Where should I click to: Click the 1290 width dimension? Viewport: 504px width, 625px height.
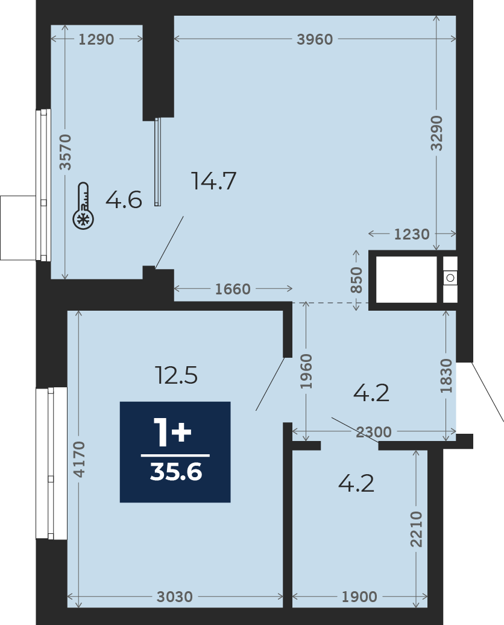pos(96,39)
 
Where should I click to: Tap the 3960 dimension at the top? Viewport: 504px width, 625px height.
pos(315,39)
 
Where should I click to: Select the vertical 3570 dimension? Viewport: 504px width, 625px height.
pos(66,152)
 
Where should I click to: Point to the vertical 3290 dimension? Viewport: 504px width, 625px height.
pos(436,133)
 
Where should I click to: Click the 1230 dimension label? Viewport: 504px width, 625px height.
pos(412,234)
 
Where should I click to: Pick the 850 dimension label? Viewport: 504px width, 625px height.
pos(356,280)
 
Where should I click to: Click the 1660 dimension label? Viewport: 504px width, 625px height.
pos(233,288)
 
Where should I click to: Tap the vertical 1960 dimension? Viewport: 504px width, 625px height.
pos(306,371)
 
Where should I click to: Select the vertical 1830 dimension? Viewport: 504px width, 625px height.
pos(446,376)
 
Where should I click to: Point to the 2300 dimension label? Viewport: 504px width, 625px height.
pos(374,432)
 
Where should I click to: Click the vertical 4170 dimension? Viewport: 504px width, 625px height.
pos(80,459)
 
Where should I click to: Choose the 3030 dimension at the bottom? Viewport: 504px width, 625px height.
pos(174,597)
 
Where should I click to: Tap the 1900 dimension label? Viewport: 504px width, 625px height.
pos(359,597)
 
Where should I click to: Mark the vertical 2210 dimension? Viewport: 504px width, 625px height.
pos(416,529)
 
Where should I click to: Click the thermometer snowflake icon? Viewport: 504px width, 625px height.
pos(83,206)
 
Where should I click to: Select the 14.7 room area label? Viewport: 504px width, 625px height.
pos(214,180)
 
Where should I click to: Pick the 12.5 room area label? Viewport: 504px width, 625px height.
pos(177,375)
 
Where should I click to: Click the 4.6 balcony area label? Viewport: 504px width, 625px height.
pos(124,200)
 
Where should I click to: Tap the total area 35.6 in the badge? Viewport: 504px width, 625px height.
pos(175,472)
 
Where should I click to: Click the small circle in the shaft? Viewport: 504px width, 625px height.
pos(450,278)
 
